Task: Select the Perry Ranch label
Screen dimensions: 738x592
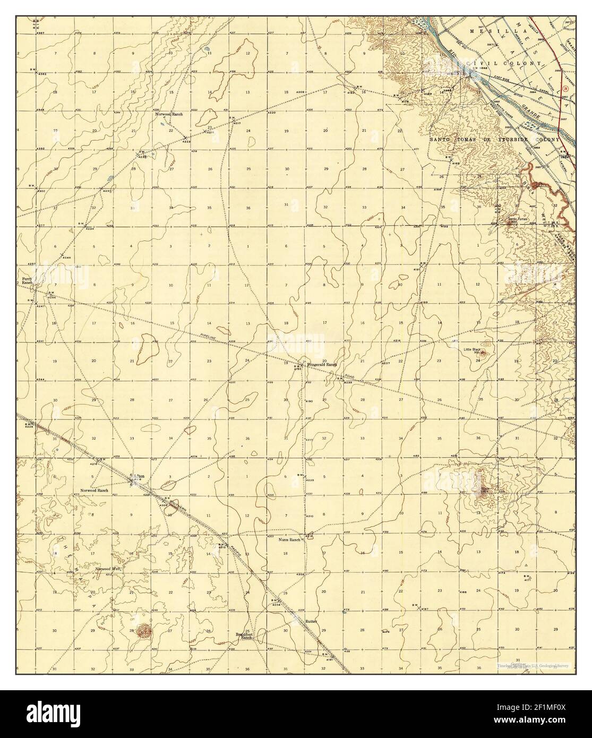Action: click(27, 281)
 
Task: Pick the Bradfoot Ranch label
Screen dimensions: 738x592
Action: click(244, 636)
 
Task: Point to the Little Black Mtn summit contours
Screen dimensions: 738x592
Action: click(486, 351)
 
